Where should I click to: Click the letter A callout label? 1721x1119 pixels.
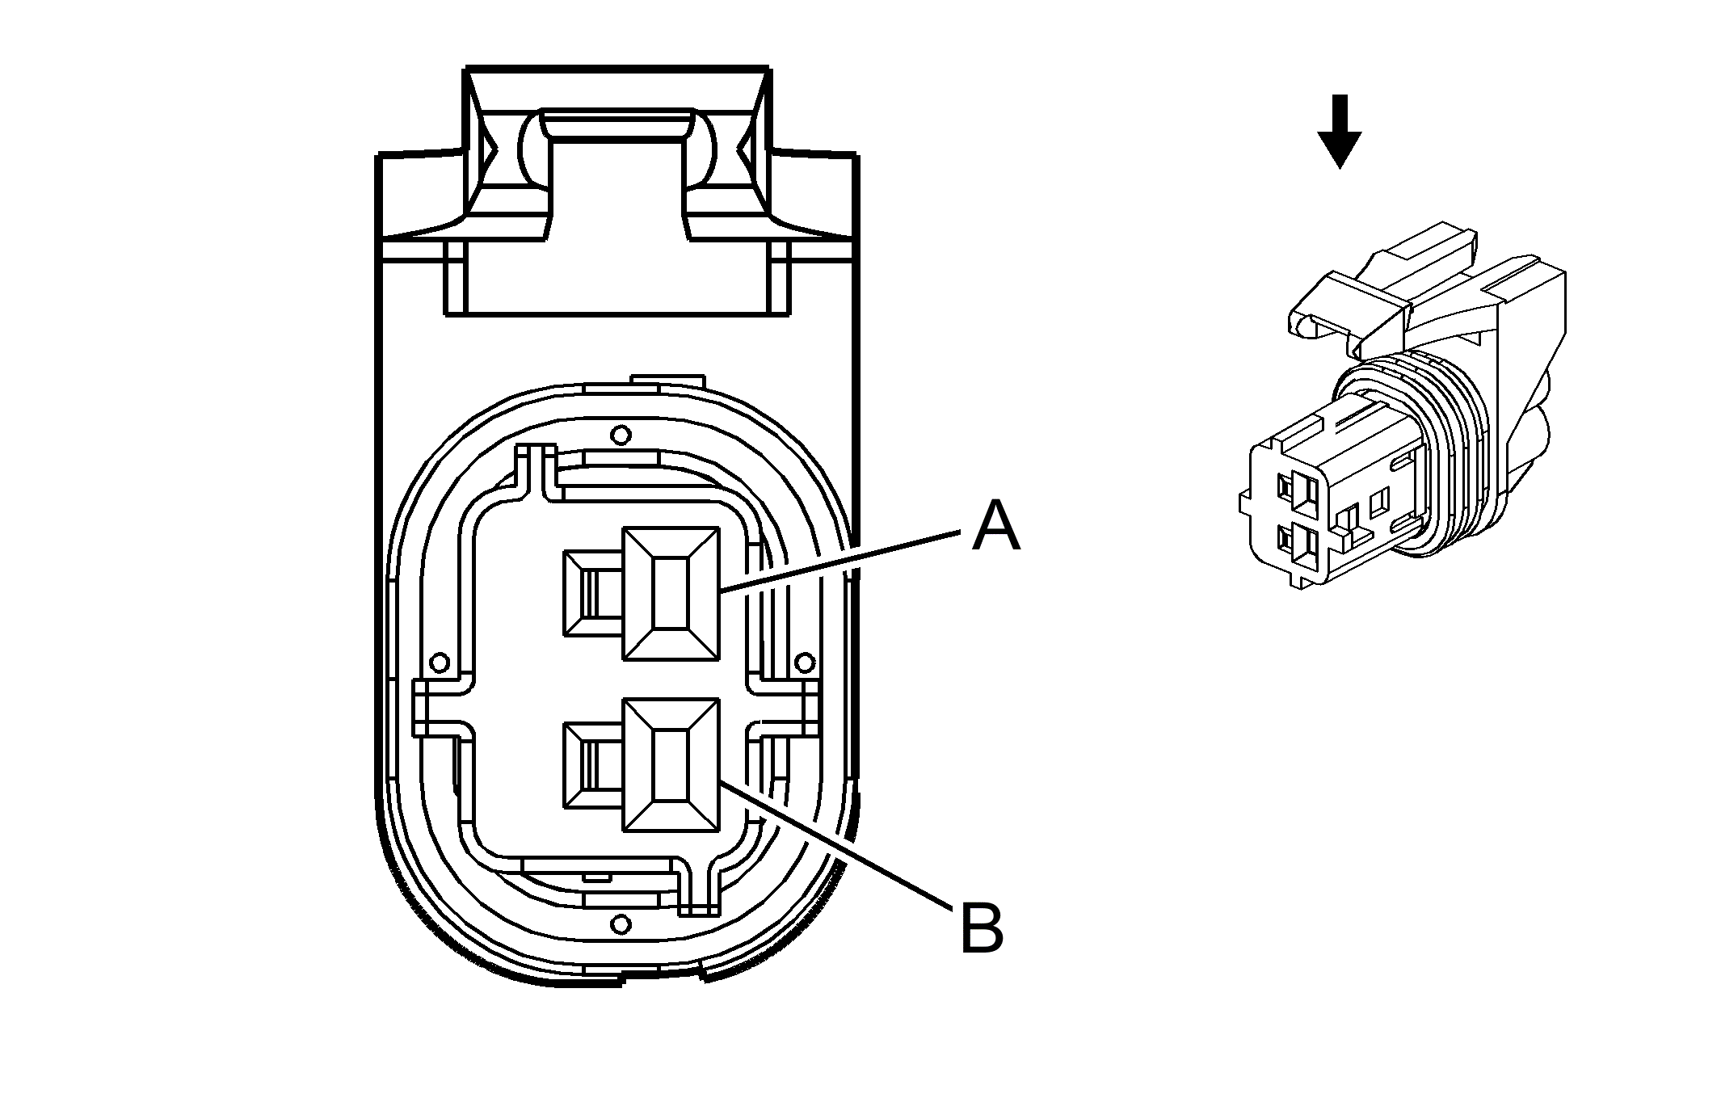(x=995, y=526)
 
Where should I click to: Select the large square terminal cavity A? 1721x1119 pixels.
(x=670, y=594)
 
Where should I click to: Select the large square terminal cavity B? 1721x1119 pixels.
(x=670, y=765)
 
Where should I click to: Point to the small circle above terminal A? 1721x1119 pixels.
(x=620, y=435)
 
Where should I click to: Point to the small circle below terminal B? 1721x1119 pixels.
(x=620, y=923)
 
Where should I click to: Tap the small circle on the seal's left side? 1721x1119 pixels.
(x=440, y=663)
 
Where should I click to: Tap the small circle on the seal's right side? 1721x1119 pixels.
(x=804, y=663)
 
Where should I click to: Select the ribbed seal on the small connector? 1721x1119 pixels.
(x=1446, y=452)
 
